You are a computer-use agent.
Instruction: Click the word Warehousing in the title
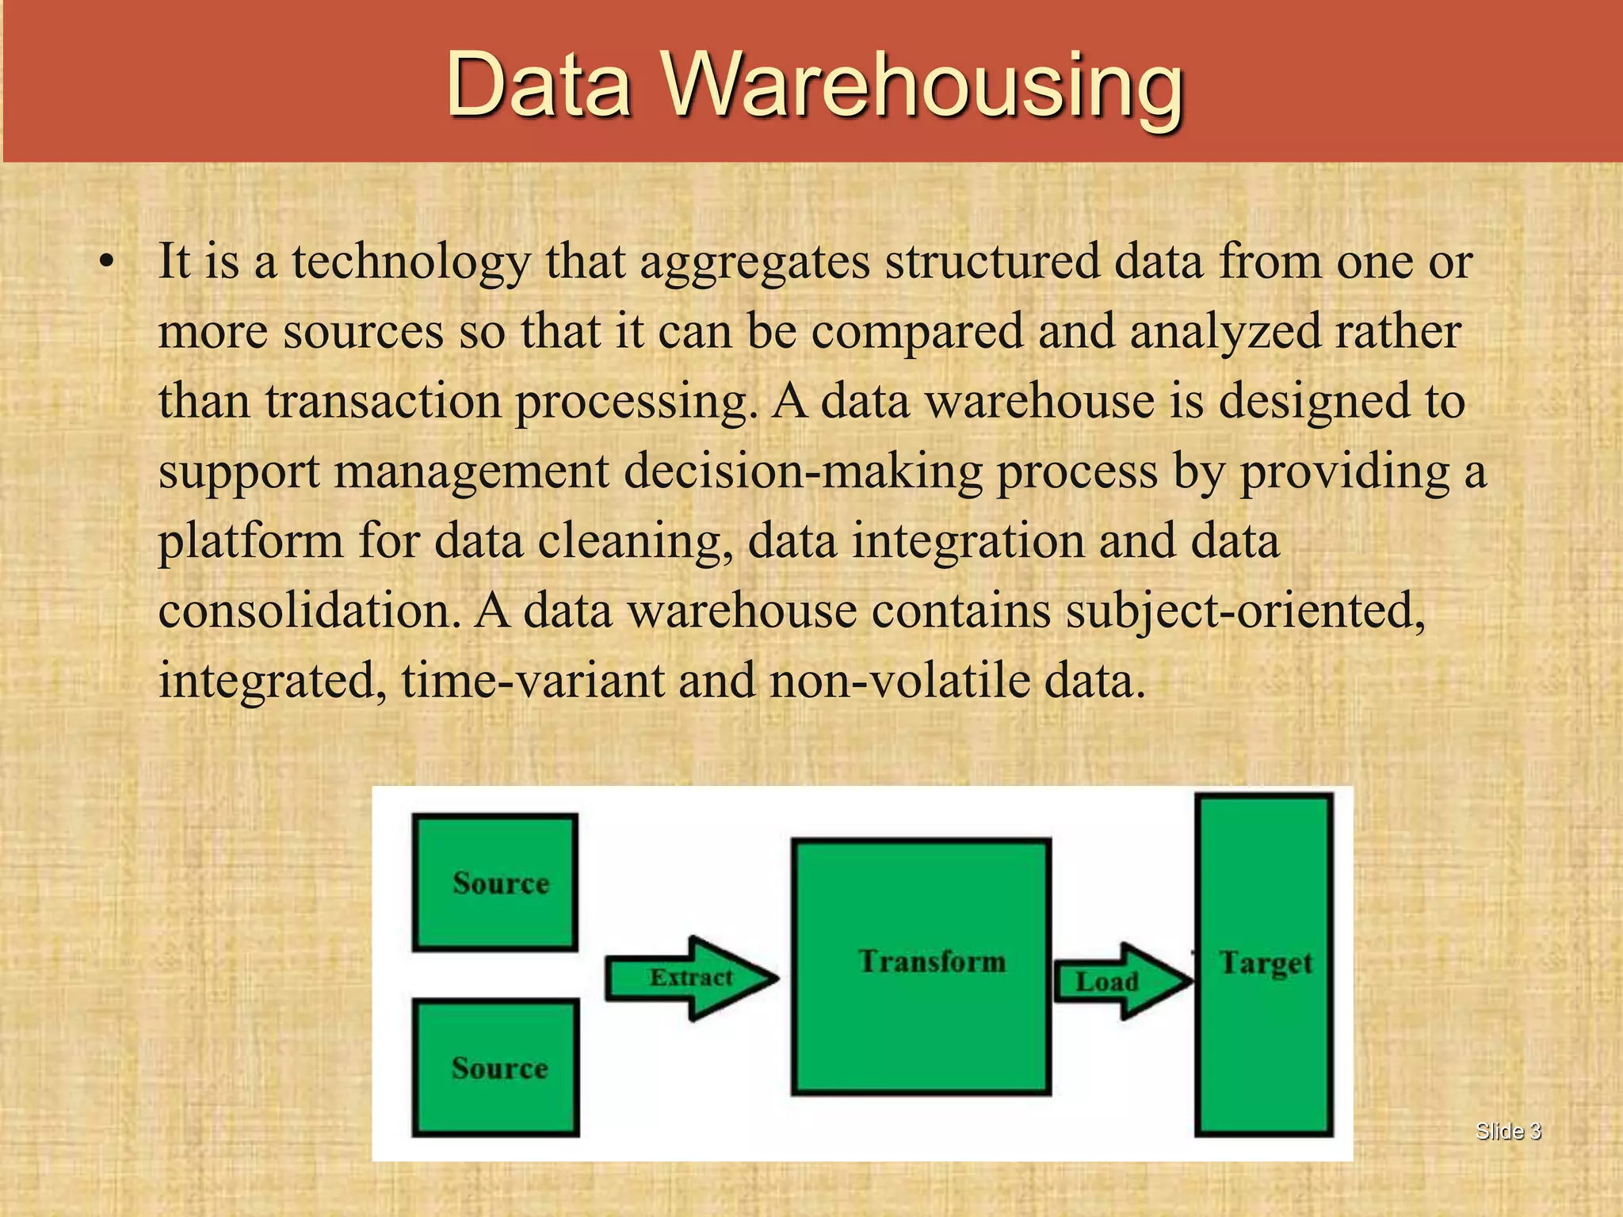[x=923, y=86]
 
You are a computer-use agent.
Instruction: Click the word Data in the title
[x=539, y=86]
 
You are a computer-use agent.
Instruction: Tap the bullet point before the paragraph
[x=107, y=262]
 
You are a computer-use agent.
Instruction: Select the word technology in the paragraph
[x=411, y=262]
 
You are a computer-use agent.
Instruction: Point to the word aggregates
[x=754, y=262]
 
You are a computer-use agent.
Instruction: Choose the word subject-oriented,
[x=1245, y=612]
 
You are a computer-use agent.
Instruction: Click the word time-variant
[x=533, y=681]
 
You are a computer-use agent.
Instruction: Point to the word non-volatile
[x=899, y=681]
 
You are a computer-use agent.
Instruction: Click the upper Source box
[x=495, y=882]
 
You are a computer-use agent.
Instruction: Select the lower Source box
[x=495, y=1067]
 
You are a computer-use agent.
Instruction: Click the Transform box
[x=922, y=967]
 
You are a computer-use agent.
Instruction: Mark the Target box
[x=1264, y=964]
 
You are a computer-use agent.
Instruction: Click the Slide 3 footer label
[x=1508, y=1131]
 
